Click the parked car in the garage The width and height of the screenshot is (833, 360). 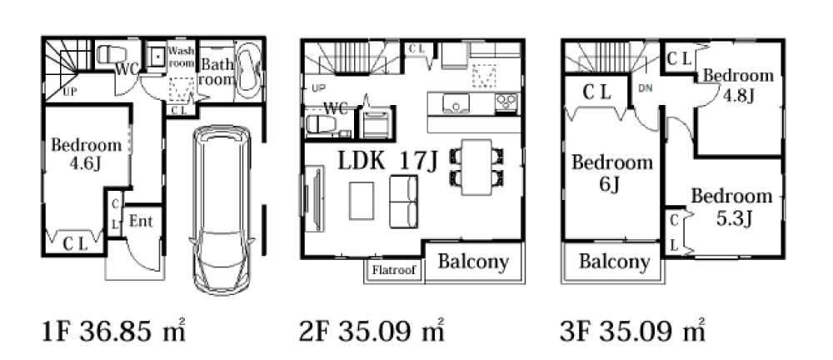[222, 210]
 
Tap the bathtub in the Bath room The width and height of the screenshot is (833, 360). [248, 72]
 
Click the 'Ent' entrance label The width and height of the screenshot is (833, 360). [142, 221]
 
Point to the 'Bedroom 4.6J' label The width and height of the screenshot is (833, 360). [86, 153]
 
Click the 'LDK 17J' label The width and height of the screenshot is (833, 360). [388, 161]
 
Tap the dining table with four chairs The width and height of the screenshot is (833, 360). [476, 167]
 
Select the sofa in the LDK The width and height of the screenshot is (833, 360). [404, 202]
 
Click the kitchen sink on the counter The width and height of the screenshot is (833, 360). [456, 103]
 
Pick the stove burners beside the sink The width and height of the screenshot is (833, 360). [506, 101]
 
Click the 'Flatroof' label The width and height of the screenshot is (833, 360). [394, 270]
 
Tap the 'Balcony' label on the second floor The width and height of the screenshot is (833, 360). [473, 262]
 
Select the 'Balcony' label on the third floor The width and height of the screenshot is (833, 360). [614, 262]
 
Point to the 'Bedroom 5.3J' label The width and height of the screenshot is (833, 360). [731, 207]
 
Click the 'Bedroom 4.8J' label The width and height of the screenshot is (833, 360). [738, 85]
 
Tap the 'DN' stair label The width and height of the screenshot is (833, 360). [645, 89]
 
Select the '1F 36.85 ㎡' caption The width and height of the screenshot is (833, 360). [113, 332]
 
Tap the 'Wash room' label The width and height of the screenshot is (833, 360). [182, 57]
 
